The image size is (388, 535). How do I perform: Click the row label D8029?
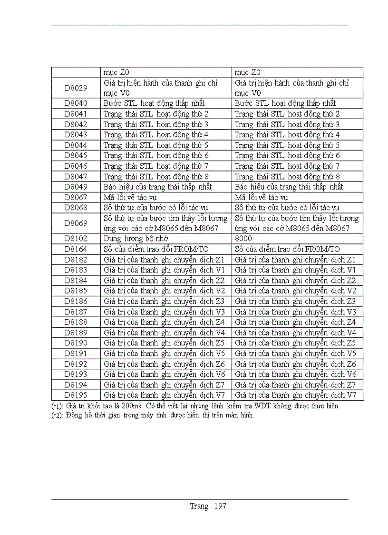pos(76,88)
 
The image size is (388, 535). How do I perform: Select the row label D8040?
pos(76,103)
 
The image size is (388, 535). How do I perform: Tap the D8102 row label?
pos(76,239)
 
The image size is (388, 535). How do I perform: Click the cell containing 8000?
pos(243,239)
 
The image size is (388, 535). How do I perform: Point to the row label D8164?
pos(76,249)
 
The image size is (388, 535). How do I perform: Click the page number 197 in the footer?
pos(220,506)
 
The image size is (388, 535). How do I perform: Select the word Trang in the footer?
pos(199,506)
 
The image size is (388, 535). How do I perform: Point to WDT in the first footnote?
pos(276,406)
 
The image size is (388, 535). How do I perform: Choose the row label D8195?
pos(76,395)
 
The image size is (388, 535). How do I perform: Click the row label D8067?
pos(76,197)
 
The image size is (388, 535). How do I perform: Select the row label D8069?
pos(76,223)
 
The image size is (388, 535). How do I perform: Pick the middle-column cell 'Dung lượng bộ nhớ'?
pos(136,239)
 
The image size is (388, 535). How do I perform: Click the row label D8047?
pos(76,176)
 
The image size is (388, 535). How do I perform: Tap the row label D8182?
pos(76,260)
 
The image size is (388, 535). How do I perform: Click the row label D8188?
pos(76,322)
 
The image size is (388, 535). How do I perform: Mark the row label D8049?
pos(76,187)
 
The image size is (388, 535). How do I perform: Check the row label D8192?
pos(76,364)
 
